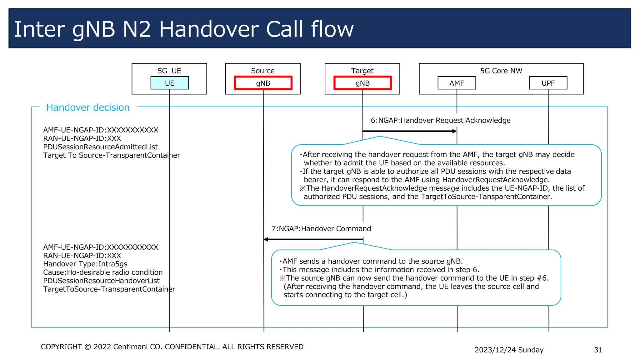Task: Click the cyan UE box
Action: click(169, 83)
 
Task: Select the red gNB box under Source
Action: click(263, 83)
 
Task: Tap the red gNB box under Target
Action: click(362, 83)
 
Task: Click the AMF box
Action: click(457, 83)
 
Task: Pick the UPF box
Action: click(548, 83)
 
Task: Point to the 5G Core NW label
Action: click(501, 71)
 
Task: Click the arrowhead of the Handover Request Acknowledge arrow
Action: click(455, 131)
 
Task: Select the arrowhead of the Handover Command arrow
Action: click(266, 239)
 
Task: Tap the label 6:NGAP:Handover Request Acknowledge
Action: click(440, 120)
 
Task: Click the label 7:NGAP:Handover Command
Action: click(321, 229)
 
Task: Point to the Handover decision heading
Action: click(88, 107)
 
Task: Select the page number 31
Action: click(598, 350)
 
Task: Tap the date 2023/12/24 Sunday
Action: click(509, 350)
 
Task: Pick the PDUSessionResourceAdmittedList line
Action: click(100, 147)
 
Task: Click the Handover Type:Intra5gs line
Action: click(85, 264)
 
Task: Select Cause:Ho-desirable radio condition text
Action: click(103, 272)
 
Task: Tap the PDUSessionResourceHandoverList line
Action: click(101, 281)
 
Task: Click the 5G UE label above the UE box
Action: click(169, 71)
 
